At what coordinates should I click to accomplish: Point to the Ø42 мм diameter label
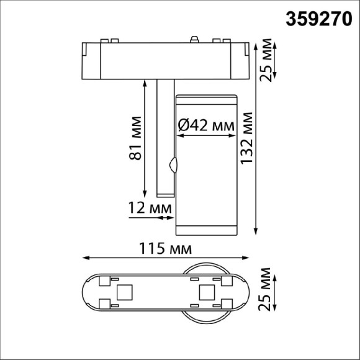tap(207, 125)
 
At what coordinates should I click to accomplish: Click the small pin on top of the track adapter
tap(195, 40)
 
